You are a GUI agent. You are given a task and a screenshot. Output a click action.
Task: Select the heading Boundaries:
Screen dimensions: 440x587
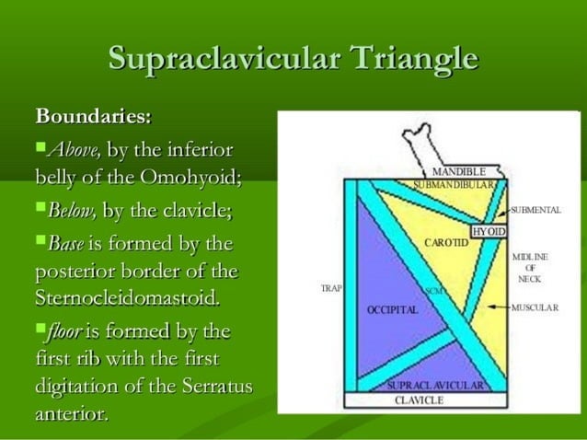point(93,119)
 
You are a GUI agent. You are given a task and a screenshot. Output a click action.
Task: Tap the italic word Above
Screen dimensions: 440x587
point(73,149)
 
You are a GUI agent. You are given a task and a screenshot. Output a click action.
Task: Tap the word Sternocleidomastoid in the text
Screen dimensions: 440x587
point(128,298)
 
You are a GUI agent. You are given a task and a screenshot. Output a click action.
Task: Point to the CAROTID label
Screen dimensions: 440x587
point(446,243)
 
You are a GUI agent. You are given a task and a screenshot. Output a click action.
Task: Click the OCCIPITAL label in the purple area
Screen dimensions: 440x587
point(393,309)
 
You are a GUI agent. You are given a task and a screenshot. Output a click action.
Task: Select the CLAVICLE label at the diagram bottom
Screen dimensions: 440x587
point(419,400)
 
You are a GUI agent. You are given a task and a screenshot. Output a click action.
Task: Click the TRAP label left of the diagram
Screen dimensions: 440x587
point(331,288)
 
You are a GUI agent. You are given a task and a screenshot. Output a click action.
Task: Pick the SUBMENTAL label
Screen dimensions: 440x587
point(536,210)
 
